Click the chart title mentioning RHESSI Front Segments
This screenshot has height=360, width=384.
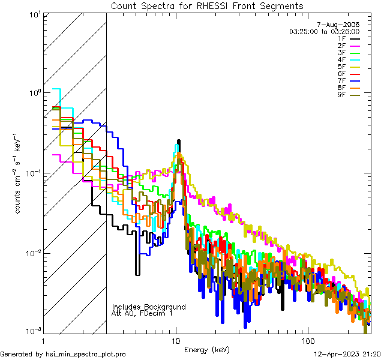click(207, 6)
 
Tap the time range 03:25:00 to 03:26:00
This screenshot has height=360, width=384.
click(324, 31)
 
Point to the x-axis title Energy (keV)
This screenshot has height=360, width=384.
click(207, 350)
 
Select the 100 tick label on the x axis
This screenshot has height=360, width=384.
click(307, 340)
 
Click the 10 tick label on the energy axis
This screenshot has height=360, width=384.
click(176, 340)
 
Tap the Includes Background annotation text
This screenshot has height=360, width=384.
click(149, 307)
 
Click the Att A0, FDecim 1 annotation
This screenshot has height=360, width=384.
click(142, 313)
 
